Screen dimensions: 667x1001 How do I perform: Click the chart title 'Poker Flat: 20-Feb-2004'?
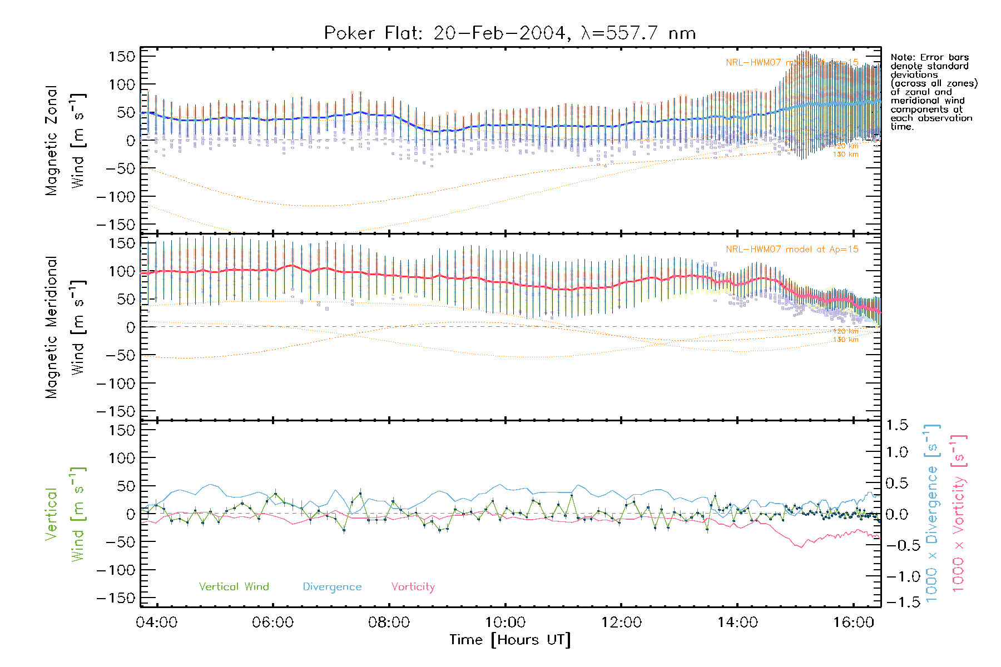[445, 33]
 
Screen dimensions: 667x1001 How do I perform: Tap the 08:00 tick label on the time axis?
[389, 623]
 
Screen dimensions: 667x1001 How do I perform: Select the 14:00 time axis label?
[737, 623]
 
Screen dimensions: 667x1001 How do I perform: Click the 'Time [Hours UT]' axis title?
[510, 640]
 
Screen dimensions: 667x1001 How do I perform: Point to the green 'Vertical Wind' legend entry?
[234, 587]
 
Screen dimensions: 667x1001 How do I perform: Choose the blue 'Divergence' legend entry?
[332, 587]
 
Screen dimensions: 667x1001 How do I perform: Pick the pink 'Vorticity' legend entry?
[413, 587]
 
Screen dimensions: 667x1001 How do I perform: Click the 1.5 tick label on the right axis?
[896, 425]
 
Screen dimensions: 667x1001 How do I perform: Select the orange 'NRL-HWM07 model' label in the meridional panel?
[792, 250]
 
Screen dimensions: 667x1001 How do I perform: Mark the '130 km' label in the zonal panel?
[845, 155]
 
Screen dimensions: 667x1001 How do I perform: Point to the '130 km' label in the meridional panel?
[845, 340]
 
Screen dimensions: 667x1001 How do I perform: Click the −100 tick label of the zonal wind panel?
[116, 197]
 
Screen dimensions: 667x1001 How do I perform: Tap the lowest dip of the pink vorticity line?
[801, 547]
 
